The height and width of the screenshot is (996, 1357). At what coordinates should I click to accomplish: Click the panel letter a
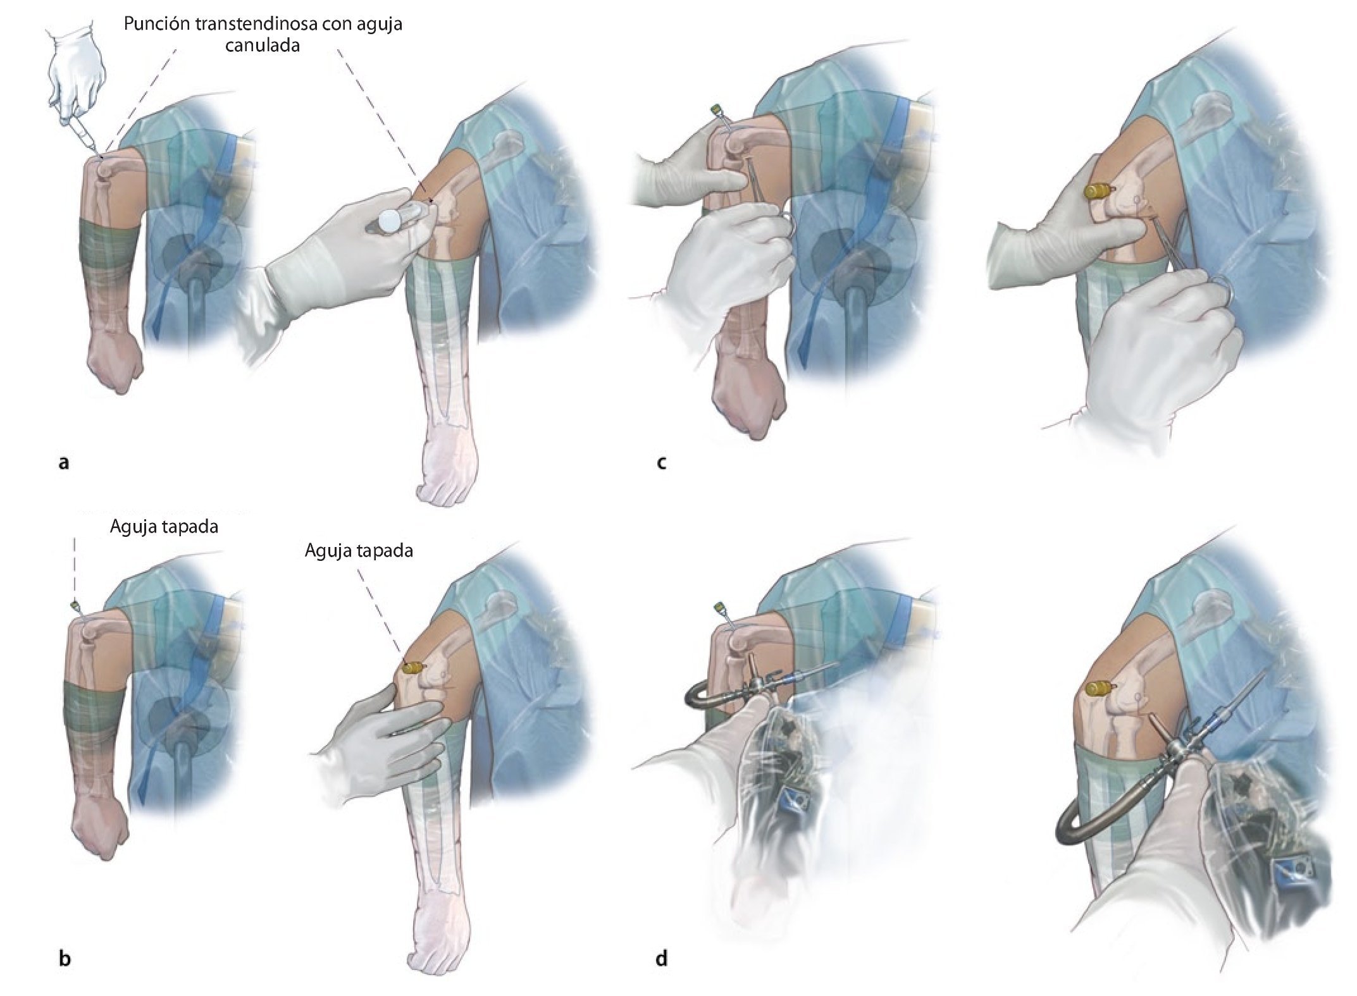(63, 463)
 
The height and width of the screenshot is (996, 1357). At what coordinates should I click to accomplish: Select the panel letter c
(661, 463)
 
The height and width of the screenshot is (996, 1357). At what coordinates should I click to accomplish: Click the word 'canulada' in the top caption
(263, 46)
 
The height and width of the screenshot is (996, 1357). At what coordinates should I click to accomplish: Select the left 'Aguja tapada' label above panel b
(164, 527)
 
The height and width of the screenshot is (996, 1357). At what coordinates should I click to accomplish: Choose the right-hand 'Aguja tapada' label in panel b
(359, 551)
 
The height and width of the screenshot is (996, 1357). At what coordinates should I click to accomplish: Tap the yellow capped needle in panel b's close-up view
(413, 668)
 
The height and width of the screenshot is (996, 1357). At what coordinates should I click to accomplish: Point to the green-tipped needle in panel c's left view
(717, 110)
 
